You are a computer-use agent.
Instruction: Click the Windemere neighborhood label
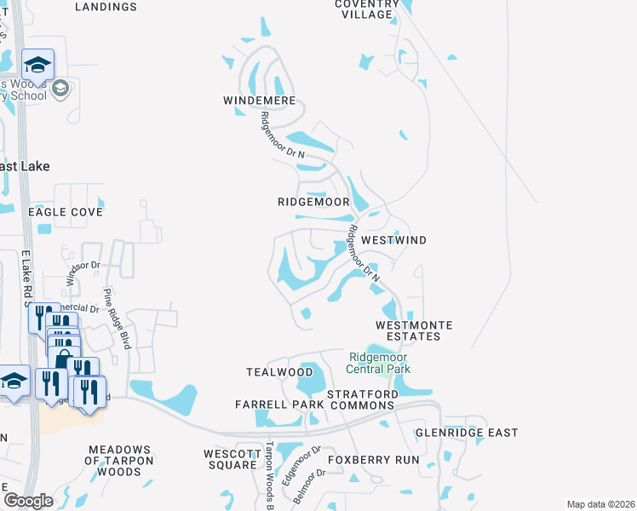(259, 100)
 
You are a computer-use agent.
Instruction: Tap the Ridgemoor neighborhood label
(314, 202)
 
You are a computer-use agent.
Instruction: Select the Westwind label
(394, 241)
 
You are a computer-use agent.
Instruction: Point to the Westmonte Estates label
(414, 330)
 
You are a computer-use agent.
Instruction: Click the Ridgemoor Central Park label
(379, 363)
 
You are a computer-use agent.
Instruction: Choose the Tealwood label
(279, 372)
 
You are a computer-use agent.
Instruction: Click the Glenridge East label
(467, 433)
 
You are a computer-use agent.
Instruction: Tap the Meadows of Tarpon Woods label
(118, 460)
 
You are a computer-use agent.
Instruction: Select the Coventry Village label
(367, 9)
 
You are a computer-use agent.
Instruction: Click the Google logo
(28, 501)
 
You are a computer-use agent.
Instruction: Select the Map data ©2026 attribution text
(600, 504)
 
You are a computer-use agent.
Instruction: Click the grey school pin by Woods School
(60, 89)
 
